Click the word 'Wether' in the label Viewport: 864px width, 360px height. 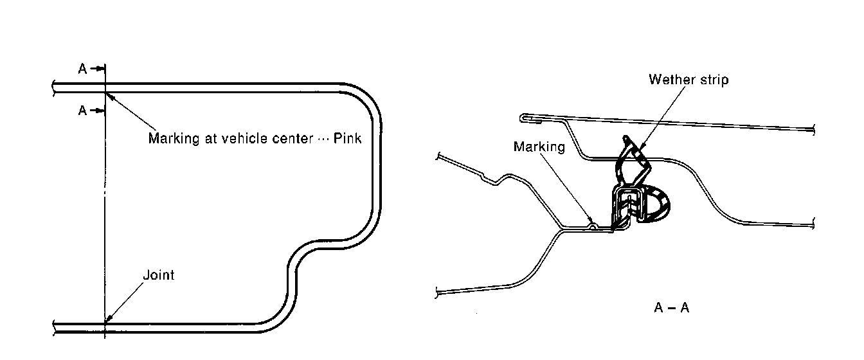coord(669,80)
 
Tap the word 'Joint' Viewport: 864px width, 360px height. coord(158,275)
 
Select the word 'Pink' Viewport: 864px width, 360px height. coord(348,138)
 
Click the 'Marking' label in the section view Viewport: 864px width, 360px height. coord(539,147)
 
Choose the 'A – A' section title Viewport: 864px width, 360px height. coord(672,308)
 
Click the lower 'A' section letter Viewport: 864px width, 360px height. coord(82,111)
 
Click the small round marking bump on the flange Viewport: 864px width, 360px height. coord(593,226)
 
